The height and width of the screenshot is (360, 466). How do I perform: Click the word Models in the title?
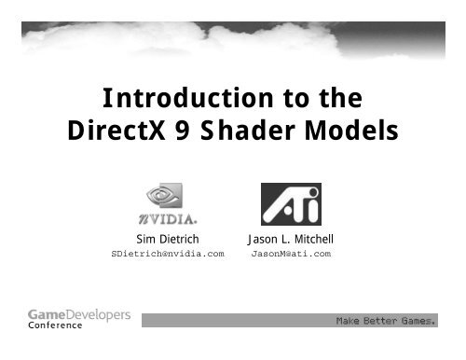click(347, 133)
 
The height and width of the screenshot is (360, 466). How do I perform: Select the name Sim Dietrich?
click(168, 239)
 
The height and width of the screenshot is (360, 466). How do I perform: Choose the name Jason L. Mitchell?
click(291, 239)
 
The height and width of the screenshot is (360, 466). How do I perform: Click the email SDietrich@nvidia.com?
click(168, 253)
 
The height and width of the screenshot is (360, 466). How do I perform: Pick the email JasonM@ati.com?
click(292, 253)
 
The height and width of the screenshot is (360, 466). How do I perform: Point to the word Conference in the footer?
click(55, 326)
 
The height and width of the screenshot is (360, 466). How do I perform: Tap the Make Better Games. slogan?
click(385, 323)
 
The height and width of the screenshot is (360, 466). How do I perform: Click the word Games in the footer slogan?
click(417, 323)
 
